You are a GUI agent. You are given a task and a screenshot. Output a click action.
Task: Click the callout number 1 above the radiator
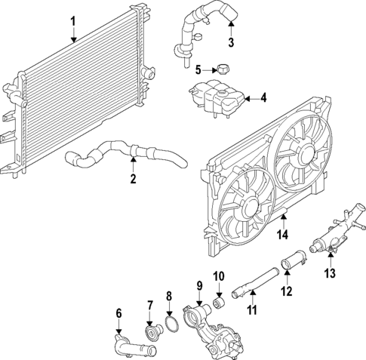(73, 22)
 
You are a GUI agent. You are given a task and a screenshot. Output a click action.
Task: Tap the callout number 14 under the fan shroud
(282, 235)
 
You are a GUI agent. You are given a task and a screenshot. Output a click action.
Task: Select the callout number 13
(330, 273)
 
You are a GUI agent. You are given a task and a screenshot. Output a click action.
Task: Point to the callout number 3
(231, 42)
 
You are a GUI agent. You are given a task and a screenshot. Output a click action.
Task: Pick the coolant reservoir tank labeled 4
(216, 98)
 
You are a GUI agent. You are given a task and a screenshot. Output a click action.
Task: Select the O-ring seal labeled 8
(172, 324)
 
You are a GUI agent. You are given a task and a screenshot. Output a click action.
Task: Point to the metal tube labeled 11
(255, 284)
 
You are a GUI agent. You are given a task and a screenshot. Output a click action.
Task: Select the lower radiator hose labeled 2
(126, 154)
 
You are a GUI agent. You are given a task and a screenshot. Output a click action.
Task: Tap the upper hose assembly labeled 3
(201, 30)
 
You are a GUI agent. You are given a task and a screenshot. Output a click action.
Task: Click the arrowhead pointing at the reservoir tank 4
(247, 99)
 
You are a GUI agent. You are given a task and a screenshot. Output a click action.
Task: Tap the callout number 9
(199, 285)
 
